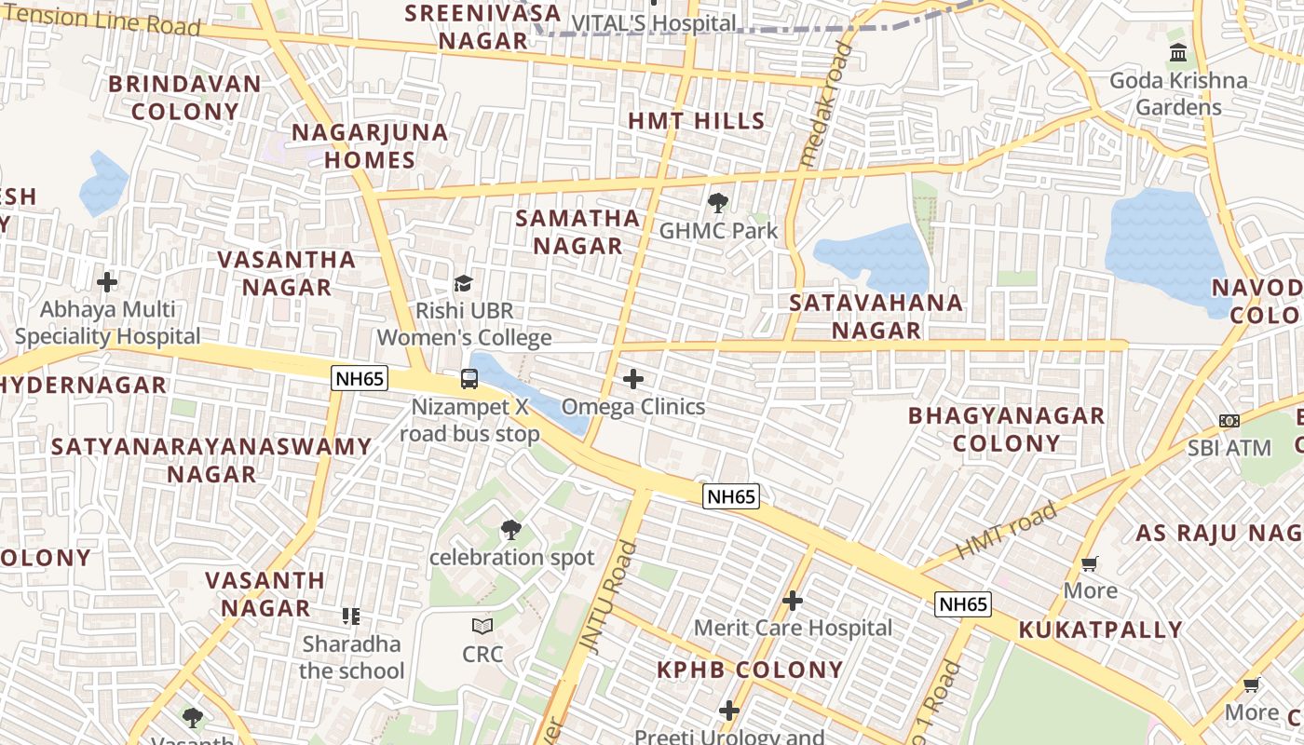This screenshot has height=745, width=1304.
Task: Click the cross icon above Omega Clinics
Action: coord(633,379)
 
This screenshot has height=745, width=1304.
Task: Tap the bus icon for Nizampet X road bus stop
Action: coord(469,379)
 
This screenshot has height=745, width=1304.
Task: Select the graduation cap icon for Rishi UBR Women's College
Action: coord(463,283)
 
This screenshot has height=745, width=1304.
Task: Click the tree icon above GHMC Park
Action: coord(717,202)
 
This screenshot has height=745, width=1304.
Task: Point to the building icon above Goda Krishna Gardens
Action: coord(1178,52)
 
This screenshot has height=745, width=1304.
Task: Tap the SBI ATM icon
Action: coord(1229,421)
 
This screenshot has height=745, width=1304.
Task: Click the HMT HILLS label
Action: coord(696,121)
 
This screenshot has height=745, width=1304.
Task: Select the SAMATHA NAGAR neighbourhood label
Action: coord(577,232)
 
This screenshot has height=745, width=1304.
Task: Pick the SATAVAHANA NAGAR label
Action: coord(876,317)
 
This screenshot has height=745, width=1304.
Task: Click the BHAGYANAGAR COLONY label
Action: coord(1006,429)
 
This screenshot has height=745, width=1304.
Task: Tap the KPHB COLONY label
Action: coord(750,670)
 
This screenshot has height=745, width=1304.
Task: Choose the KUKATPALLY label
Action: coord(1100,630)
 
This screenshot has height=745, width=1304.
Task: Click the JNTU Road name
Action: coord(606,596)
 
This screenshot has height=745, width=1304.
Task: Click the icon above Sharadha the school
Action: coord(351,616)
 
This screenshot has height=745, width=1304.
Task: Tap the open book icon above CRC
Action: coord(482,626)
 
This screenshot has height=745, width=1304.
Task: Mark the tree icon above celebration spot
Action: coord(510,530)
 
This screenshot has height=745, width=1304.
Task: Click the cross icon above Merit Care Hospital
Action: coord(793,601)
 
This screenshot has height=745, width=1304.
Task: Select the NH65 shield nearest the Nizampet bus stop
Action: coord(360,378)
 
